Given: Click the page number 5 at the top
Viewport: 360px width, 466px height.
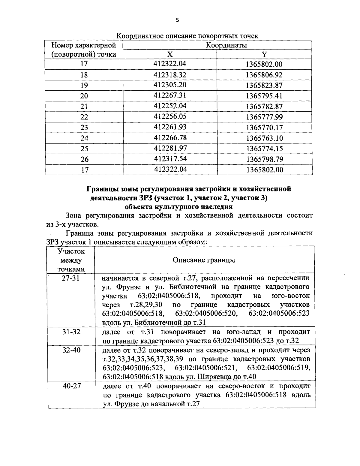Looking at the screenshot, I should coord(177,20).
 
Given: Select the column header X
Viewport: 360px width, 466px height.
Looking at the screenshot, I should coord(170,54).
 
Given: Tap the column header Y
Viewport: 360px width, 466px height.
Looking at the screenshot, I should coord(264,54).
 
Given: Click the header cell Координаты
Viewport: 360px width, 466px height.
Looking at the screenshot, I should coord(226,45).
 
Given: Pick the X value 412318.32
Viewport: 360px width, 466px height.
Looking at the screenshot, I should coord(170,74).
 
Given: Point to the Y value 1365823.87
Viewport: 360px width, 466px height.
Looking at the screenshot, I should coord(264,85).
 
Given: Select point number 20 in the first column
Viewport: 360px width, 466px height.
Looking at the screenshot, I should coord(84,96).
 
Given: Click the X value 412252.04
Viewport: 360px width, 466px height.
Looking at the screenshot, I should coord(170,106).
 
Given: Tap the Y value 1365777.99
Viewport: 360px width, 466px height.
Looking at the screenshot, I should coord(264,117).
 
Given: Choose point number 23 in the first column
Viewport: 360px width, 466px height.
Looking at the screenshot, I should coord(84,128).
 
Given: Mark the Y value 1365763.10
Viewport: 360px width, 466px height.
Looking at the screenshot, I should coord(264,138).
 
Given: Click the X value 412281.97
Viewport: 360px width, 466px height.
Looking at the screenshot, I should coord(170,148).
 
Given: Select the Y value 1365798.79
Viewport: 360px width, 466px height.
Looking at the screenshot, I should coord(264,159).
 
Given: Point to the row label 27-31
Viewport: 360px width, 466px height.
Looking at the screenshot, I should coord(71,278).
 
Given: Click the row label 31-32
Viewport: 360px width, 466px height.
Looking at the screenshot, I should coord(71,332).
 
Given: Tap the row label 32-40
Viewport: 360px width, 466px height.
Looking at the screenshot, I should coord(71,350).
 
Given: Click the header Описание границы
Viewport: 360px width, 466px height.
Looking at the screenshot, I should coord(204,260).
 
